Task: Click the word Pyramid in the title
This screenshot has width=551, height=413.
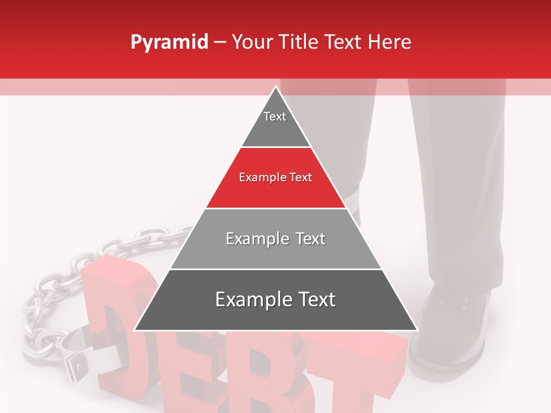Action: click(x=169, y=42)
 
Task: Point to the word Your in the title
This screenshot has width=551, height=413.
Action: click(x=251, y=42)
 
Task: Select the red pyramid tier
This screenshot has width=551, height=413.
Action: click(x=276, y=189)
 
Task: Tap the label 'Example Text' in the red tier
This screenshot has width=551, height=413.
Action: click(x=275, y=177)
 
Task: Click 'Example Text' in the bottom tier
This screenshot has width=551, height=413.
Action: click(x=275, y=299)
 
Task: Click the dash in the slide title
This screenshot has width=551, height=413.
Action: click(x=220, y=42)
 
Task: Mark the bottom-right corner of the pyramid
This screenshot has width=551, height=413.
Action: click(x=417, y=330)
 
